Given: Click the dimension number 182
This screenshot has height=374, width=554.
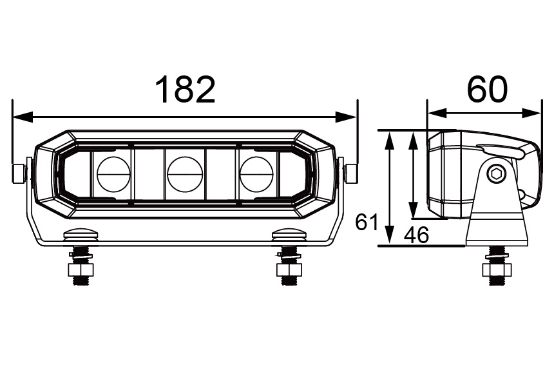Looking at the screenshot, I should (185, 90).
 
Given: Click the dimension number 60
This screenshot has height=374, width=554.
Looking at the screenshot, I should (487, 90).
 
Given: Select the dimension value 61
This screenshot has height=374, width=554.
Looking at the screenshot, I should (366, 223).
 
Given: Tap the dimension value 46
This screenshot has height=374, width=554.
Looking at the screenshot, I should (415, 235).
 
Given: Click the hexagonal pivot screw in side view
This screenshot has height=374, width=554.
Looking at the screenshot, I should (496, 173).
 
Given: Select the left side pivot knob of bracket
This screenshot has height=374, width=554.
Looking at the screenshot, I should (19, 173).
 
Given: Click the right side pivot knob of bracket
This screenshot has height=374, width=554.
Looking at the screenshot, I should (352, 173).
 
